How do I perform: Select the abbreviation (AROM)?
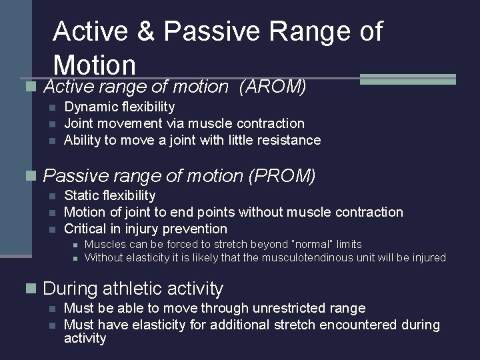pyautogui.click(x=272, y=87)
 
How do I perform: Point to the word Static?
pyautogui.click(x=81, y=195)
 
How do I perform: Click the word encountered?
pyautogui.click(x=359, y=325)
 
